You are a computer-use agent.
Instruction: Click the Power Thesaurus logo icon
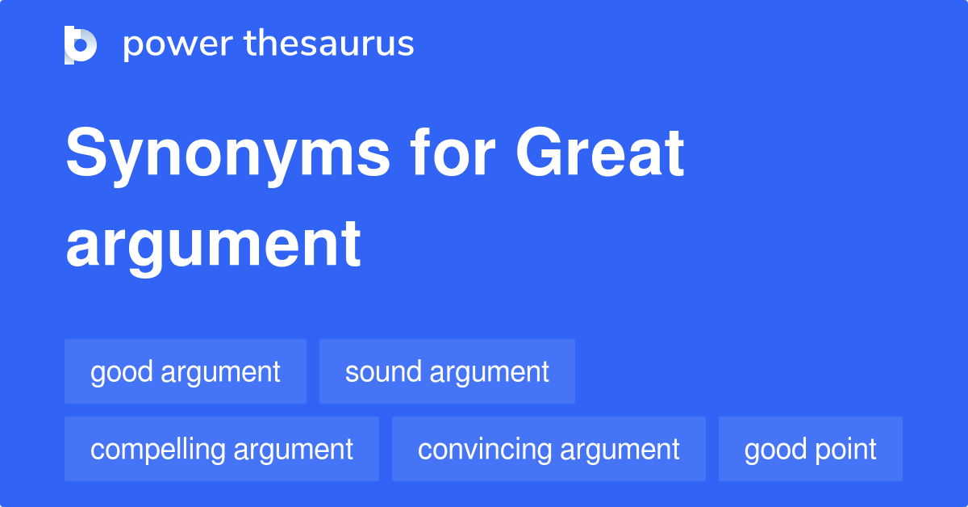click(81, 44)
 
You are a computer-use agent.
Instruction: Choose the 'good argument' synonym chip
click(186, 372)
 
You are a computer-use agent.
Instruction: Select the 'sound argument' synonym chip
click(447, 372)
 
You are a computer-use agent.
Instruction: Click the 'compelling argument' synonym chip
click(222, 450)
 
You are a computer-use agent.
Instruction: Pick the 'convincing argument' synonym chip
click(549, 450)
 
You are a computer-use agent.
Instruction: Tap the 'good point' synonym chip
click(810, 450)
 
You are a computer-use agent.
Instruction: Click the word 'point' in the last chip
click(846, 450)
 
